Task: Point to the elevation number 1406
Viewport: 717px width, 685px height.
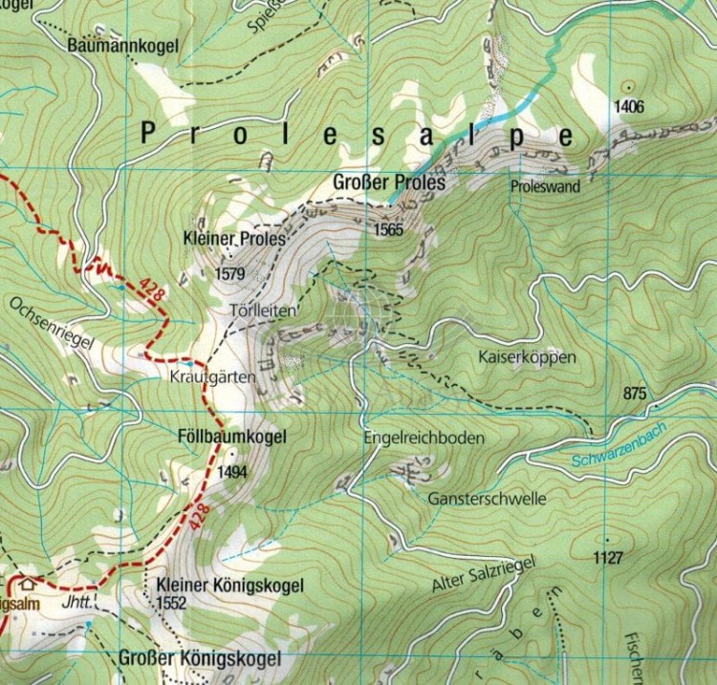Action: [630, 106]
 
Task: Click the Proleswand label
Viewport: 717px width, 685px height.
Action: [546, 187]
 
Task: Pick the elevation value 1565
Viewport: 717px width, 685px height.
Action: [389, 230]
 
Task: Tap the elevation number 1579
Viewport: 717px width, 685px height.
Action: [231, 274]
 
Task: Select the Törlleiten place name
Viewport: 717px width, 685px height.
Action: [265, 311]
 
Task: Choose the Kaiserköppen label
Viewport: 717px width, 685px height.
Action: [526, 357]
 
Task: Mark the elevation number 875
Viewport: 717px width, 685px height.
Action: [635, 394]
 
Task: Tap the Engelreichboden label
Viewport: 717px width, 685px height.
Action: [424, 438]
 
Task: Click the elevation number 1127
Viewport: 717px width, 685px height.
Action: [608, 557]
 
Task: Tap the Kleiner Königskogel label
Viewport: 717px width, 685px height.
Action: [228, 585]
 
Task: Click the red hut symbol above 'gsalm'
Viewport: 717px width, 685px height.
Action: [27, 582]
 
